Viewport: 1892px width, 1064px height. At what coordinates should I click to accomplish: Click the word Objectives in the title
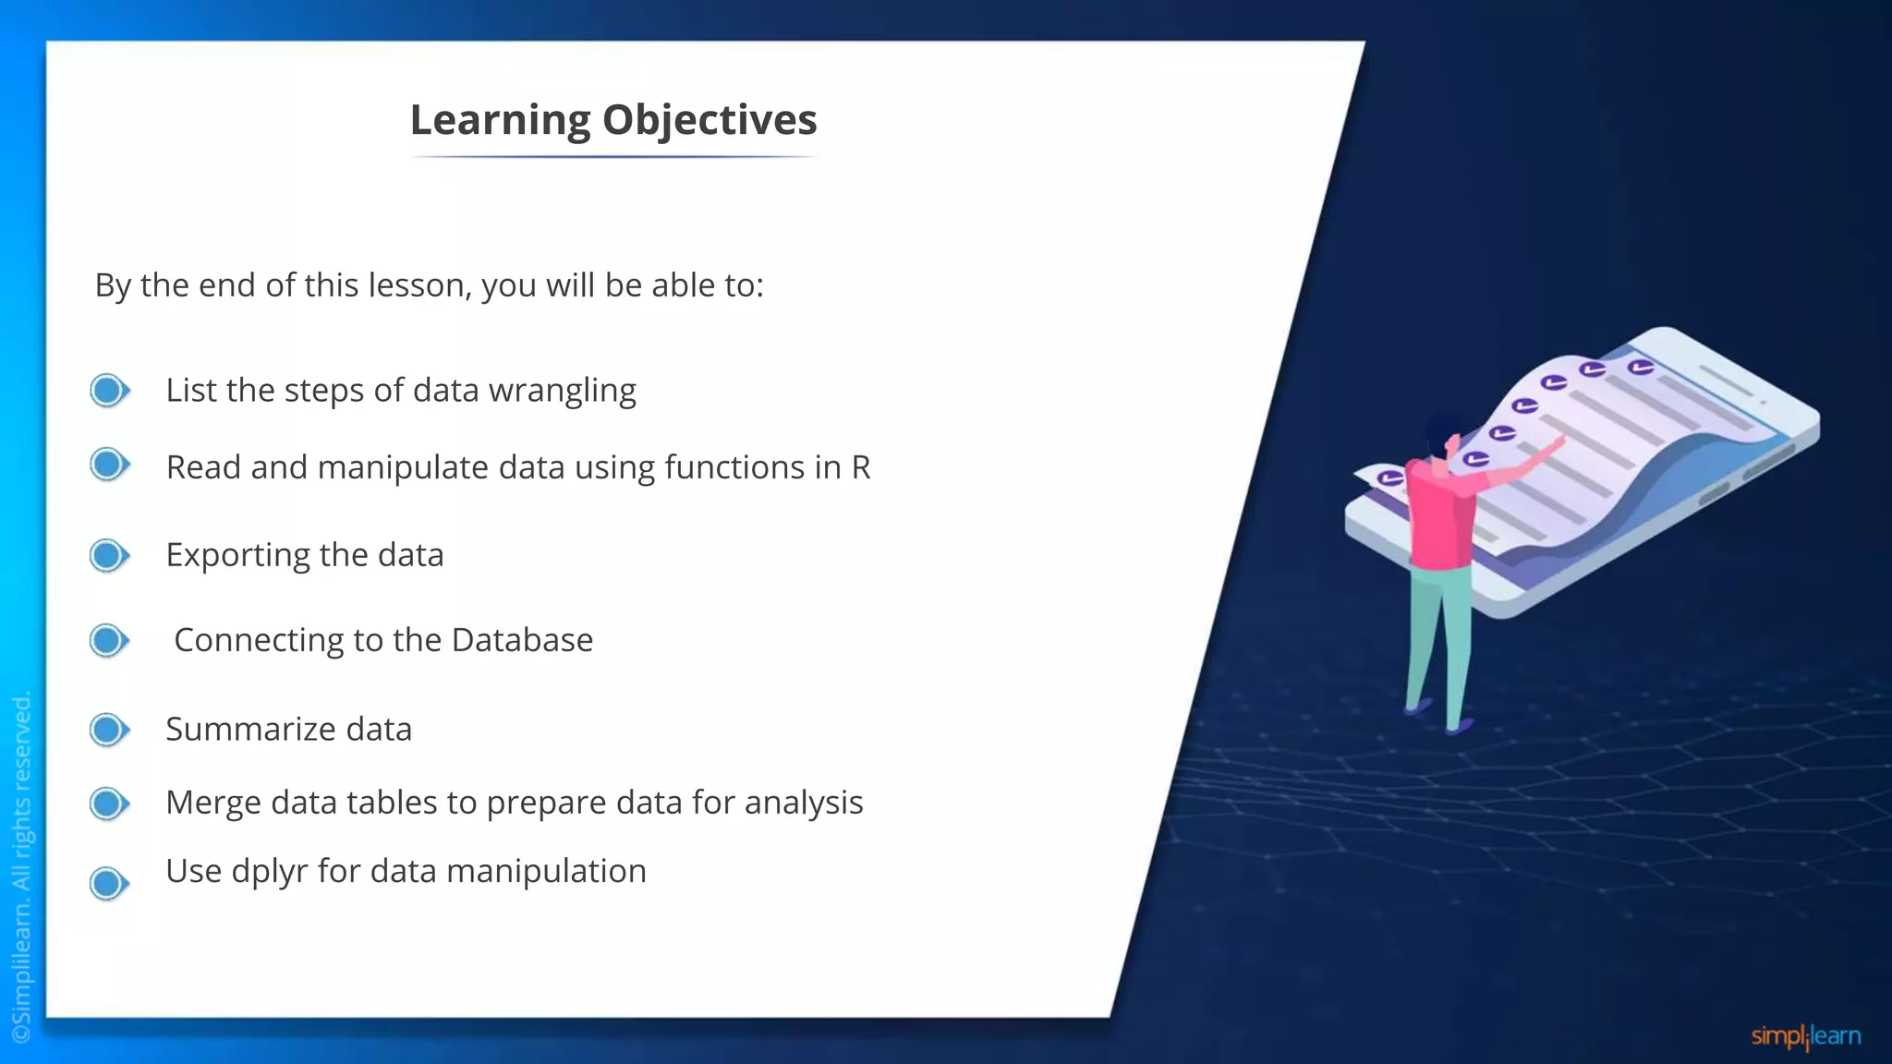click(x=709, y=120)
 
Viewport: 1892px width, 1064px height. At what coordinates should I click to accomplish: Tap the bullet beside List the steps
click(x=109, y=390)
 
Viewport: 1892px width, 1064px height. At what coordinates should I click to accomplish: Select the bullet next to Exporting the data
click(x=109, y=555)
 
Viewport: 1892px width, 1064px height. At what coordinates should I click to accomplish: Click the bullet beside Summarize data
click(x=109, y=730)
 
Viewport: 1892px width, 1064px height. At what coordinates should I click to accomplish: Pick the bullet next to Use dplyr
click(x=109, y=883)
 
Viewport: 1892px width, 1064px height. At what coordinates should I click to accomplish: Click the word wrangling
click(x=562, y=392)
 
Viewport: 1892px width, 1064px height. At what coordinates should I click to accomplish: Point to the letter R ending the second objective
click(x=861, y=467)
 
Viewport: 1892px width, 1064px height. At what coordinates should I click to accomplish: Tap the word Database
click(x=522, y=640)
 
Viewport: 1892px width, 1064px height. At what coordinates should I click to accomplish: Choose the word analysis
click(x=803, y=803)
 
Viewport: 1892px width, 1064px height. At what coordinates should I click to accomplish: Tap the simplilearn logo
click(x=1805, y=1036)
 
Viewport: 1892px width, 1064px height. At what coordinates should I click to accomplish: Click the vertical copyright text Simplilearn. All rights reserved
click(x=22, y=868)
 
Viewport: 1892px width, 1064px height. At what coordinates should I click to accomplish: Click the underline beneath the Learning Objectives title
click(x=613, y=157)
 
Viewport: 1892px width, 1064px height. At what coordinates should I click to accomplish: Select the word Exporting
click(x=237, y=556)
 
